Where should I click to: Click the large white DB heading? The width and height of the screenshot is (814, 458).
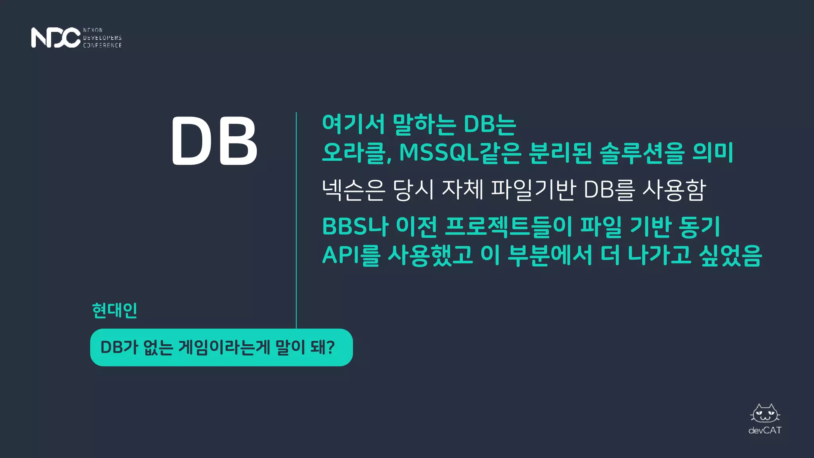tap(215, 141)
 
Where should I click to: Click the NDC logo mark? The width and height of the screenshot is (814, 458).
tap(56, 38)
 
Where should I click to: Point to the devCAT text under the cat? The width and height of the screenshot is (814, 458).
tap(765, 431)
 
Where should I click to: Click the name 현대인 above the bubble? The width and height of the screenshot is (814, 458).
tap(114, 311)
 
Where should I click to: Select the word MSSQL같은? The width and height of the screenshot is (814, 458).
tap(460, 153)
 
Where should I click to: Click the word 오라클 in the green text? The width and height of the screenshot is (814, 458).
tap(355, 153)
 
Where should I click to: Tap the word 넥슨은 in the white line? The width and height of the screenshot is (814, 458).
tap(353, 190)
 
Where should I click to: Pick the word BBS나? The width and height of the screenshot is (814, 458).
tap(355, 227)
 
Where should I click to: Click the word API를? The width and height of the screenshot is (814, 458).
tap(351, 255)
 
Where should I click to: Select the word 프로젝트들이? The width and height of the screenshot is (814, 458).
tap(508, 227)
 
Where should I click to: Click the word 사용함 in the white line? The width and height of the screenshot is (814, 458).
tap(674, 190)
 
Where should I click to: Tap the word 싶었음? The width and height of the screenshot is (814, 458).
tap(730, 255)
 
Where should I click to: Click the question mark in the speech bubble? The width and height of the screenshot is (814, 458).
tap(329, 347)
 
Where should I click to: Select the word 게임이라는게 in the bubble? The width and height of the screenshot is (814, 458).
tap(224, 347)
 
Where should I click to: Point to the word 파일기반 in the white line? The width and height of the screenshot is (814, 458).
tap(534, 190)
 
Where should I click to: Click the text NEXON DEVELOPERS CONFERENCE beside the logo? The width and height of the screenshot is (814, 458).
tap(102, 38)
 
